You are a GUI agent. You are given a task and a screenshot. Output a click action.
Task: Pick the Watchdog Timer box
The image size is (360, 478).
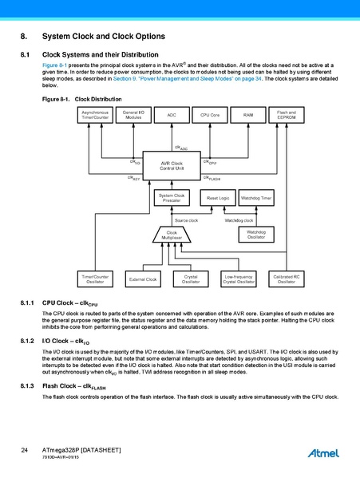[257, 197]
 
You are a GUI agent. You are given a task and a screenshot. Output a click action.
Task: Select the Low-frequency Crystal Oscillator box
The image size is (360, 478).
[239, 279]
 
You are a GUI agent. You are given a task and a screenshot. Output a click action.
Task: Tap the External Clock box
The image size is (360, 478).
[144, 279]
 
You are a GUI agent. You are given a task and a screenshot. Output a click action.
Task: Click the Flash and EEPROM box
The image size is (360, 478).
[287, 116]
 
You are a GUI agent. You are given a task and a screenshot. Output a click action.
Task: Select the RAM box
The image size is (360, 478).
[248, 116]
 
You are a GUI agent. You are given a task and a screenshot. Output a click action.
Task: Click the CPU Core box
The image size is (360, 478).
[210, 116]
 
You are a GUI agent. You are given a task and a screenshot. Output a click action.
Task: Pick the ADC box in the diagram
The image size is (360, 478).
[172, 116]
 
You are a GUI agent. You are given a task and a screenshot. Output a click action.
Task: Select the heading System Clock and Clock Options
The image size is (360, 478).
[103, 38]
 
